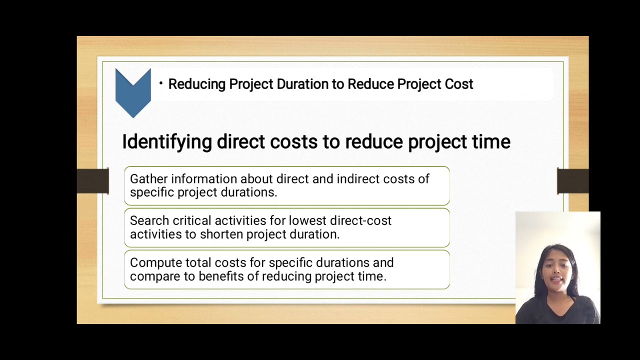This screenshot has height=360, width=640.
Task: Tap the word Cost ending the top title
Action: (x=458, y=84)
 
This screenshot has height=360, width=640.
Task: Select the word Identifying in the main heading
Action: (x=167, y=142)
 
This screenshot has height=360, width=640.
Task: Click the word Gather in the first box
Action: (x=148, y=179)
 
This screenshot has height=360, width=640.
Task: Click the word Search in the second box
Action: (x=149, y=220)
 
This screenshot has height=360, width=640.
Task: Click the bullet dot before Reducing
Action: (x=161, y=83)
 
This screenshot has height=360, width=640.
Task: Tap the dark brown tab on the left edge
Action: (x=93, y=181)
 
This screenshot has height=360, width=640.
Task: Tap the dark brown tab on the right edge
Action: (x=572, y=181)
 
